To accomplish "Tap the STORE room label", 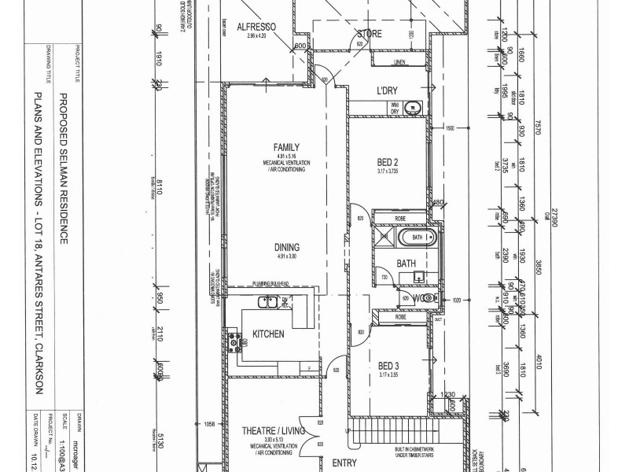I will click(x=370, y=34).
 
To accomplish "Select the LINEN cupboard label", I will click(x=399, y=61).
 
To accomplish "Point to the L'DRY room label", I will click(x=389, y=90).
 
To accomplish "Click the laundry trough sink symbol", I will click(x=414, y=109).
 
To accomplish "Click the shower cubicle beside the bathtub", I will click(x=384, y=236).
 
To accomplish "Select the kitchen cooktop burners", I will click(x=234, y=339).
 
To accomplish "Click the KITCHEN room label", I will click(x=268, y=334).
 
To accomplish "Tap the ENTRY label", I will click(x=344, y=463).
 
